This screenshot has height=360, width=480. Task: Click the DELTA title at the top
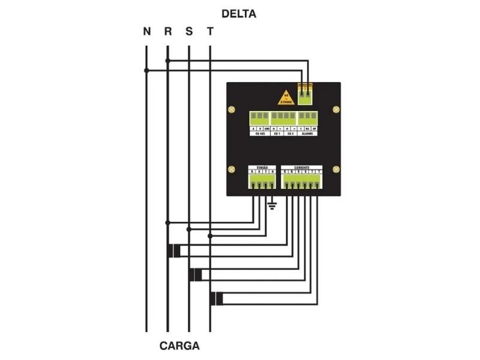tap(239, 14)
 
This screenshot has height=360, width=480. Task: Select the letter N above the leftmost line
tap(146, 32)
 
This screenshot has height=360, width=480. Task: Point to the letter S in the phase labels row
tap(189, 32)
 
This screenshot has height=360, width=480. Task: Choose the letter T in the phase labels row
tap(209, 32)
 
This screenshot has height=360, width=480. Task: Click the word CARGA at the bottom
tap(179, 346)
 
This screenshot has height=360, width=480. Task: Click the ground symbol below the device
tap(272, 206)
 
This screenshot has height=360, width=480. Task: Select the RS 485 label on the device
tap(260, 134)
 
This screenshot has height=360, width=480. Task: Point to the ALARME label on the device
tap(307, 134)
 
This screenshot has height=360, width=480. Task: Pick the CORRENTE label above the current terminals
tap(302, 167)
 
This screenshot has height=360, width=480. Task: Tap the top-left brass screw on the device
tap(232, 110)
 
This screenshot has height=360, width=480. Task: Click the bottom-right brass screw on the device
tap(336, 170)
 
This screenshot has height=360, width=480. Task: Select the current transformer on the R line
tap(174, 251)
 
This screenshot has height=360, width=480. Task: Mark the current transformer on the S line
tap(196, 275)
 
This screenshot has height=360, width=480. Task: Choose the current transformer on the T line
tap(217, 299)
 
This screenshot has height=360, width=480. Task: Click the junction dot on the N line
tap(146, 70)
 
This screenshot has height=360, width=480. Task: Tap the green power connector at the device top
tap(305, 91)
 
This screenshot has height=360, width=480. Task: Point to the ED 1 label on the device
tap(277, 134)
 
